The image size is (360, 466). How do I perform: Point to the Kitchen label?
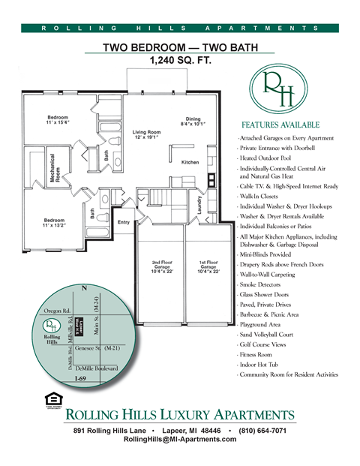click(x=189, y=162)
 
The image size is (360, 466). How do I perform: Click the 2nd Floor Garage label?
click(x=162, y=268)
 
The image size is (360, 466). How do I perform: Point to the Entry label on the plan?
click(x=123, y=222)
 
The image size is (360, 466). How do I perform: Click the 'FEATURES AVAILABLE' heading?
click(x=280, y=125)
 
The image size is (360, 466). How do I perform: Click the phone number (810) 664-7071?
click(x=258, y=431)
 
